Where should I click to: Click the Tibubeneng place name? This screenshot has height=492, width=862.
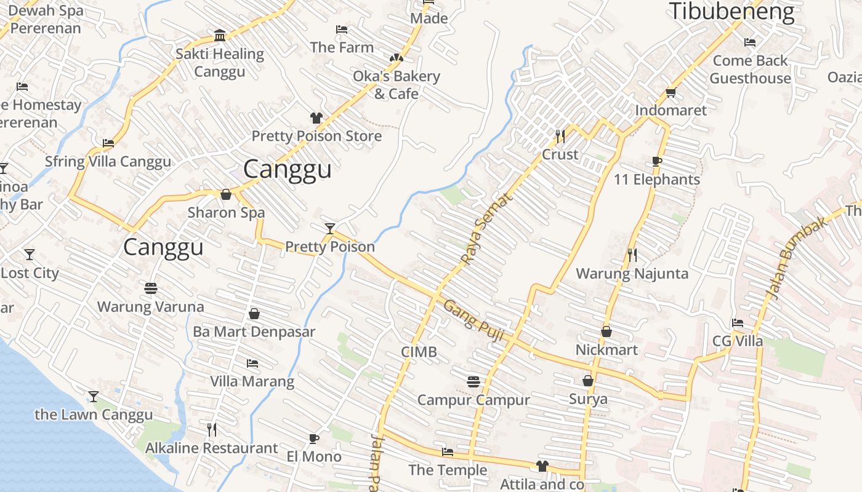click(731, 11)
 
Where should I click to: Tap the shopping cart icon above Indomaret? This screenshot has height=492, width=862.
click(671, 93)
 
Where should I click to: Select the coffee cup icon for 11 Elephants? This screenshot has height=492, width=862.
click(657, 162)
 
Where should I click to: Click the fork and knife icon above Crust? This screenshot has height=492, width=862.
click(560, 136)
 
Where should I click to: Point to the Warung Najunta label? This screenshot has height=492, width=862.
click(632, 273)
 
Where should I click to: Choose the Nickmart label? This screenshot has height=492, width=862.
click(606, 349)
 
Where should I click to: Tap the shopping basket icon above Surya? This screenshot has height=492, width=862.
click(588, 381)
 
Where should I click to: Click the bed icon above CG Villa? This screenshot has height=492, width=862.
click(737, 323)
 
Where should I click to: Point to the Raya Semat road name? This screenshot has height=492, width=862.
click(486, 228)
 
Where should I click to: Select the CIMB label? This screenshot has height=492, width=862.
click(419, 352)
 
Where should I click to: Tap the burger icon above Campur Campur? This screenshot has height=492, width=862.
click(473, 382)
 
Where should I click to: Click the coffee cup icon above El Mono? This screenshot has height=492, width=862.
click(313, 438)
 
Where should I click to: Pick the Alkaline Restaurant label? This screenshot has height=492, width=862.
click(211, 448)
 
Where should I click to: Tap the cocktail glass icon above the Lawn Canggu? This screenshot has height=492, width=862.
click(93, 396)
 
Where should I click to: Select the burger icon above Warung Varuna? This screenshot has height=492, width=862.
click(151, 288)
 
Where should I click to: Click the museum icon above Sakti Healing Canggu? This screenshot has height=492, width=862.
click(220, 35)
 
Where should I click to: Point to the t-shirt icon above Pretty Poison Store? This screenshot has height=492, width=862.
click(316, 117)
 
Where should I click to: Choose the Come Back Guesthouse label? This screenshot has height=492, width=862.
click(750, 69)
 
